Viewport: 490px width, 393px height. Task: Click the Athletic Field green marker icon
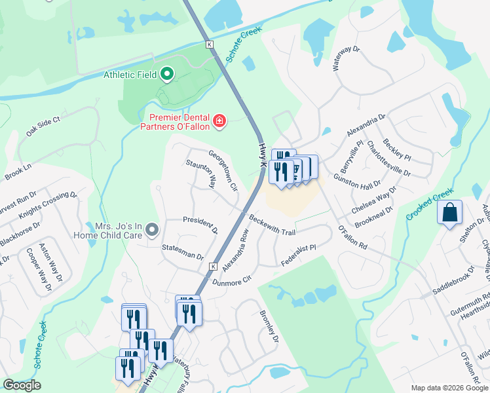coord(166,75)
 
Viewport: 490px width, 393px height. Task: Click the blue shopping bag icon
coord(449,213)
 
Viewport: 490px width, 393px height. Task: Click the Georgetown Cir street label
coord(223,171)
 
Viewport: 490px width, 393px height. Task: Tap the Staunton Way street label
coord(201,174)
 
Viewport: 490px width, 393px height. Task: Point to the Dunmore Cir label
coord(232,280)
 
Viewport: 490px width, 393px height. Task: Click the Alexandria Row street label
coord(236,250)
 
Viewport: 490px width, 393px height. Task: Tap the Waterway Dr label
coord(347,58)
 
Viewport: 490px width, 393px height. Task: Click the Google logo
coord(22,385)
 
